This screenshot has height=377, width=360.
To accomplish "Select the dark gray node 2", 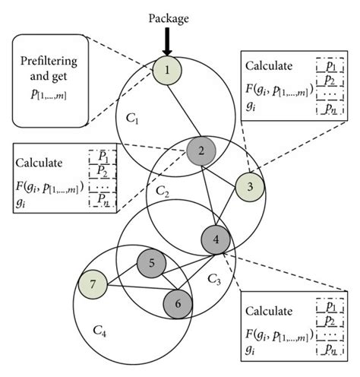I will (201, 150).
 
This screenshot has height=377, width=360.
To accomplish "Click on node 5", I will (151, 264).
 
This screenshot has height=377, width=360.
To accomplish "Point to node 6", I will (178, 302).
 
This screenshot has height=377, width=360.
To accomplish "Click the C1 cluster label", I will (134, 119).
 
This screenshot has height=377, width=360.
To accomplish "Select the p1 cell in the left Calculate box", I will (103, 155).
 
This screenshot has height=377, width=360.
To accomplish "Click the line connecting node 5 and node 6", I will (165, 283).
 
